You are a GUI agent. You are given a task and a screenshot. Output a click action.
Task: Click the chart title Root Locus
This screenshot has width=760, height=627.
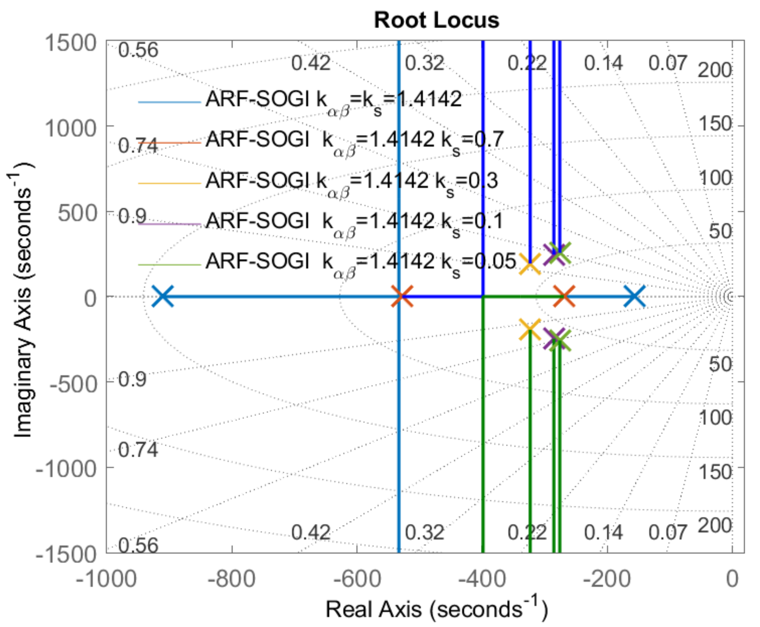[436, 20]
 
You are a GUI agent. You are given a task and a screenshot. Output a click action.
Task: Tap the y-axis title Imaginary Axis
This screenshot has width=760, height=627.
[22, 300]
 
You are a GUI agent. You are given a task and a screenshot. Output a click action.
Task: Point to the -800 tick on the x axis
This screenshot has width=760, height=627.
[232, 579]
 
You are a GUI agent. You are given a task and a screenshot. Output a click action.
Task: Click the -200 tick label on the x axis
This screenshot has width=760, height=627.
[607, 579]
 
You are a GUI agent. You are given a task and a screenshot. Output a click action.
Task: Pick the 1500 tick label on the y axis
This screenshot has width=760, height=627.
[70, 43]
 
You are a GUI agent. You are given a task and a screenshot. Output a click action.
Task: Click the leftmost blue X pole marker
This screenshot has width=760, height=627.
[162, 296]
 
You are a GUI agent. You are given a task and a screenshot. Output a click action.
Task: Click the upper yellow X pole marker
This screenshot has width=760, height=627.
[530, 263]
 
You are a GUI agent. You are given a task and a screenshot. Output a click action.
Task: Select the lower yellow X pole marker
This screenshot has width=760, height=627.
[530, 329]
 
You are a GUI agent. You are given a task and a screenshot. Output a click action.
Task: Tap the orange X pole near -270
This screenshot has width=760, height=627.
[564, 296]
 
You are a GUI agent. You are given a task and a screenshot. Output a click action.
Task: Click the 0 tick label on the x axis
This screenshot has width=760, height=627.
[732, 579]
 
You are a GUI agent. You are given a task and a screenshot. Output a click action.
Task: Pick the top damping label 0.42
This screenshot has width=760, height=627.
[311, 64]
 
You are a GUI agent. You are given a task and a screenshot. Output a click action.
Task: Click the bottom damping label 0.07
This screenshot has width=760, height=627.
[667, 533]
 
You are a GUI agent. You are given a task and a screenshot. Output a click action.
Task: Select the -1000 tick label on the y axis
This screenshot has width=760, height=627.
[67, 469]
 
